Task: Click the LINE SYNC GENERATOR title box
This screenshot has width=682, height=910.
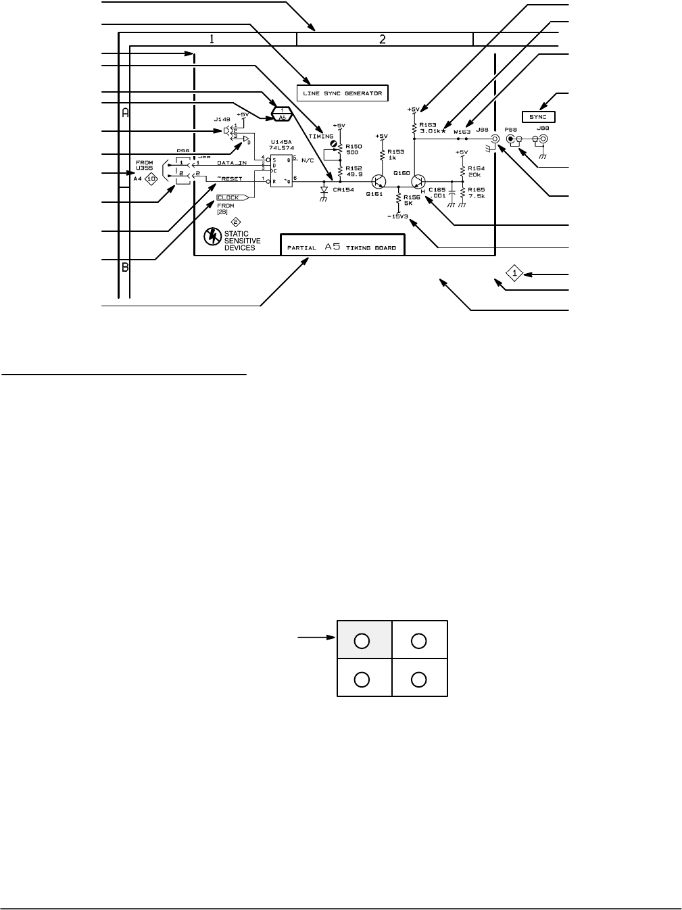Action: pos(343,93)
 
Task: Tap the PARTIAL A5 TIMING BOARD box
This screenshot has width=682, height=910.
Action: pos(343,245)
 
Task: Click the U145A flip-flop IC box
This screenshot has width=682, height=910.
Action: pos(281,172)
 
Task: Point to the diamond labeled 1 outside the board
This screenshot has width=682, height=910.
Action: pos(514,274)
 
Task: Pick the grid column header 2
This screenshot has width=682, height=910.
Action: pos(383,39)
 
